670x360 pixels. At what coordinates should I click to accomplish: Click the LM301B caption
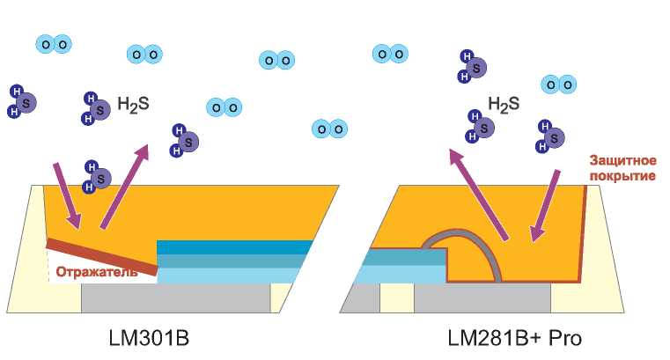click(x=149, y=338)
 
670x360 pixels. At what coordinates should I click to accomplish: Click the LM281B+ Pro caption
click(x=514, y=338)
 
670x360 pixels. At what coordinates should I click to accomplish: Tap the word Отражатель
click(x=97, y=272)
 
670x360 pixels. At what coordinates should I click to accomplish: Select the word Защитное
click(x=622, y=160)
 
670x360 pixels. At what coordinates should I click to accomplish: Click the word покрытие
click(x=622, y=176)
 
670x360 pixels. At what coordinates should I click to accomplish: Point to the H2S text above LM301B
click(x=133, y=105)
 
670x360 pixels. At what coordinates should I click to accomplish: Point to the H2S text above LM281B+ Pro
click(x=504, y=105)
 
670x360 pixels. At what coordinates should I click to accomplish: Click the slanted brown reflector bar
click(x=102, y=256)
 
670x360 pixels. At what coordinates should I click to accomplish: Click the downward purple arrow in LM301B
click(x=67, y=195)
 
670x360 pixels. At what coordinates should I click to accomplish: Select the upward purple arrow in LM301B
click(x=124, y=187)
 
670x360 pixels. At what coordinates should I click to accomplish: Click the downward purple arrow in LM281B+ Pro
click(x=545, y=206)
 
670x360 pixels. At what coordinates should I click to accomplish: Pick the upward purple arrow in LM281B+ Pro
click(x=479, y=195)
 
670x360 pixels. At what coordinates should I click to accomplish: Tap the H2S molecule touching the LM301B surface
click(x=97, y=177)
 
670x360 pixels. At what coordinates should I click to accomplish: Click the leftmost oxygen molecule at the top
click(x=54, y=44)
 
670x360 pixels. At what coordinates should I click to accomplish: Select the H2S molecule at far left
click(x=22, y=101)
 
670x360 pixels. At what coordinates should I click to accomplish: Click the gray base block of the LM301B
click(x=175, y=298)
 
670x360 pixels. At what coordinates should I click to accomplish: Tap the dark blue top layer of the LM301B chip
click(x=234, y=247)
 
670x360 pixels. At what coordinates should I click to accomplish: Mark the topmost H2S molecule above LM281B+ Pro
click(x=473, y=66)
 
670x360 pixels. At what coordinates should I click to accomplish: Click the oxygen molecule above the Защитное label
click(x=559, y=85)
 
